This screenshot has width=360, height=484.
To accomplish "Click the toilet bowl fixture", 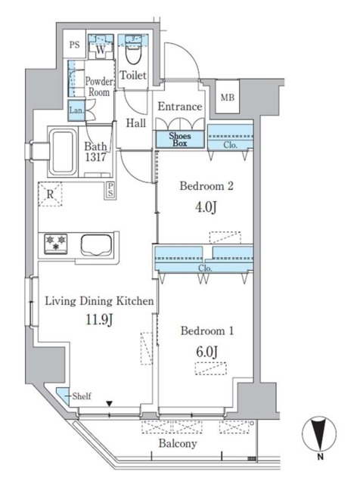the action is tap(134, 51).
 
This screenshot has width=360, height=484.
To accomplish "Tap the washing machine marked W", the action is tap(101, 49).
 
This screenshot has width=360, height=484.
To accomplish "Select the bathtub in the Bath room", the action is tap(64, 152).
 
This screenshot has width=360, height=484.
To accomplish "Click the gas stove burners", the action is tap(56, 244).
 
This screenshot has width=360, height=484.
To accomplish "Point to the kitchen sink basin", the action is tap(96, 245).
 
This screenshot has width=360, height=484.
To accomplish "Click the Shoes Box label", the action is tap(180, 139).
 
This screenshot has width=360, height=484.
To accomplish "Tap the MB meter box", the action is tap(228, 97).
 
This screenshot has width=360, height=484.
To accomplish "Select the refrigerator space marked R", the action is tap(50, 194).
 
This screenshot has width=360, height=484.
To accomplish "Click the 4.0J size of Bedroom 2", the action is tap(205, 206).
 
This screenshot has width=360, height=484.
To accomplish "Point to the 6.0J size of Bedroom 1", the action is tap(207, 351).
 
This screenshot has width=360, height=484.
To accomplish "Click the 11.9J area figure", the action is tap(99, 320).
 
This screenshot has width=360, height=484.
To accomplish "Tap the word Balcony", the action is tap(178, 444).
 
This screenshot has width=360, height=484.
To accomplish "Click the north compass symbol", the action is tap(319, 433).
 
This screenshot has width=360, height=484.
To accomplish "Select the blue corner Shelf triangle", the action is tap(64, 395).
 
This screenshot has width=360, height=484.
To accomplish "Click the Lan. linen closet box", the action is tap(76, 110).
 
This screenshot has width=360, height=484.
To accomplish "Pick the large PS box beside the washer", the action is tap(74, 44).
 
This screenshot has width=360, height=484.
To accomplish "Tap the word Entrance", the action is tap(180, 107).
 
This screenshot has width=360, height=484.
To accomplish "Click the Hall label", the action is tap(136, 123).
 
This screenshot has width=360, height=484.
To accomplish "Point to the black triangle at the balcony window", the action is tap(110, 403).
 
